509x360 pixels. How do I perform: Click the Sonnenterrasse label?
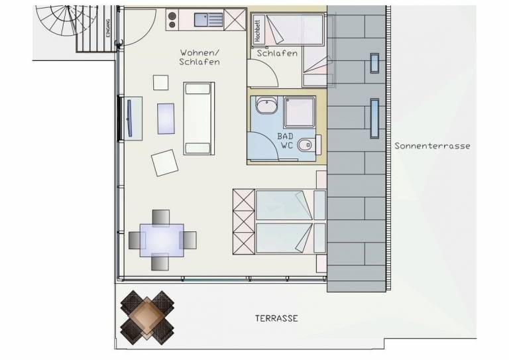(432, 146)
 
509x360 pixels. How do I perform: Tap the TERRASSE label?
(276, 318)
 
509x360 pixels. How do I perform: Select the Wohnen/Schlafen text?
(199, 57)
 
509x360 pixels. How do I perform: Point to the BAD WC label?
(286, 141)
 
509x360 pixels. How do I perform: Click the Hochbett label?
(258, 31)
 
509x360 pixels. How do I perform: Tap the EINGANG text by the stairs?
(108, 28)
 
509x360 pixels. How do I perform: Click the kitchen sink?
(209, 20)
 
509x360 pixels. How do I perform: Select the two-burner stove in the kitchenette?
(172, 20)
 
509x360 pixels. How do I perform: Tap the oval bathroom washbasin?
(266, 105)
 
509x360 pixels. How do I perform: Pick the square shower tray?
(300, 112)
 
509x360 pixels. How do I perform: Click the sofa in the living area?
(199, 119)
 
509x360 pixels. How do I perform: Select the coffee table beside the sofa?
(166, 119)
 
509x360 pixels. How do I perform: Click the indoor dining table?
(162, 240)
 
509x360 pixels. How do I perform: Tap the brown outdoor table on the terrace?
(147, 318)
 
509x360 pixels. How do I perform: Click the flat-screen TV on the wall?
(129, 118)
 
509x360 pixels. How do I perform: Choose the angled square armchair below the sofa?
(164, 163)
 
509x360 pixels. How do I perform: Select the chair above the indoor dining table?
(161, 217)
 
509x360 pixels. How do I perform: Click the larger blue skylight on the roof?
(374, 118)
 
